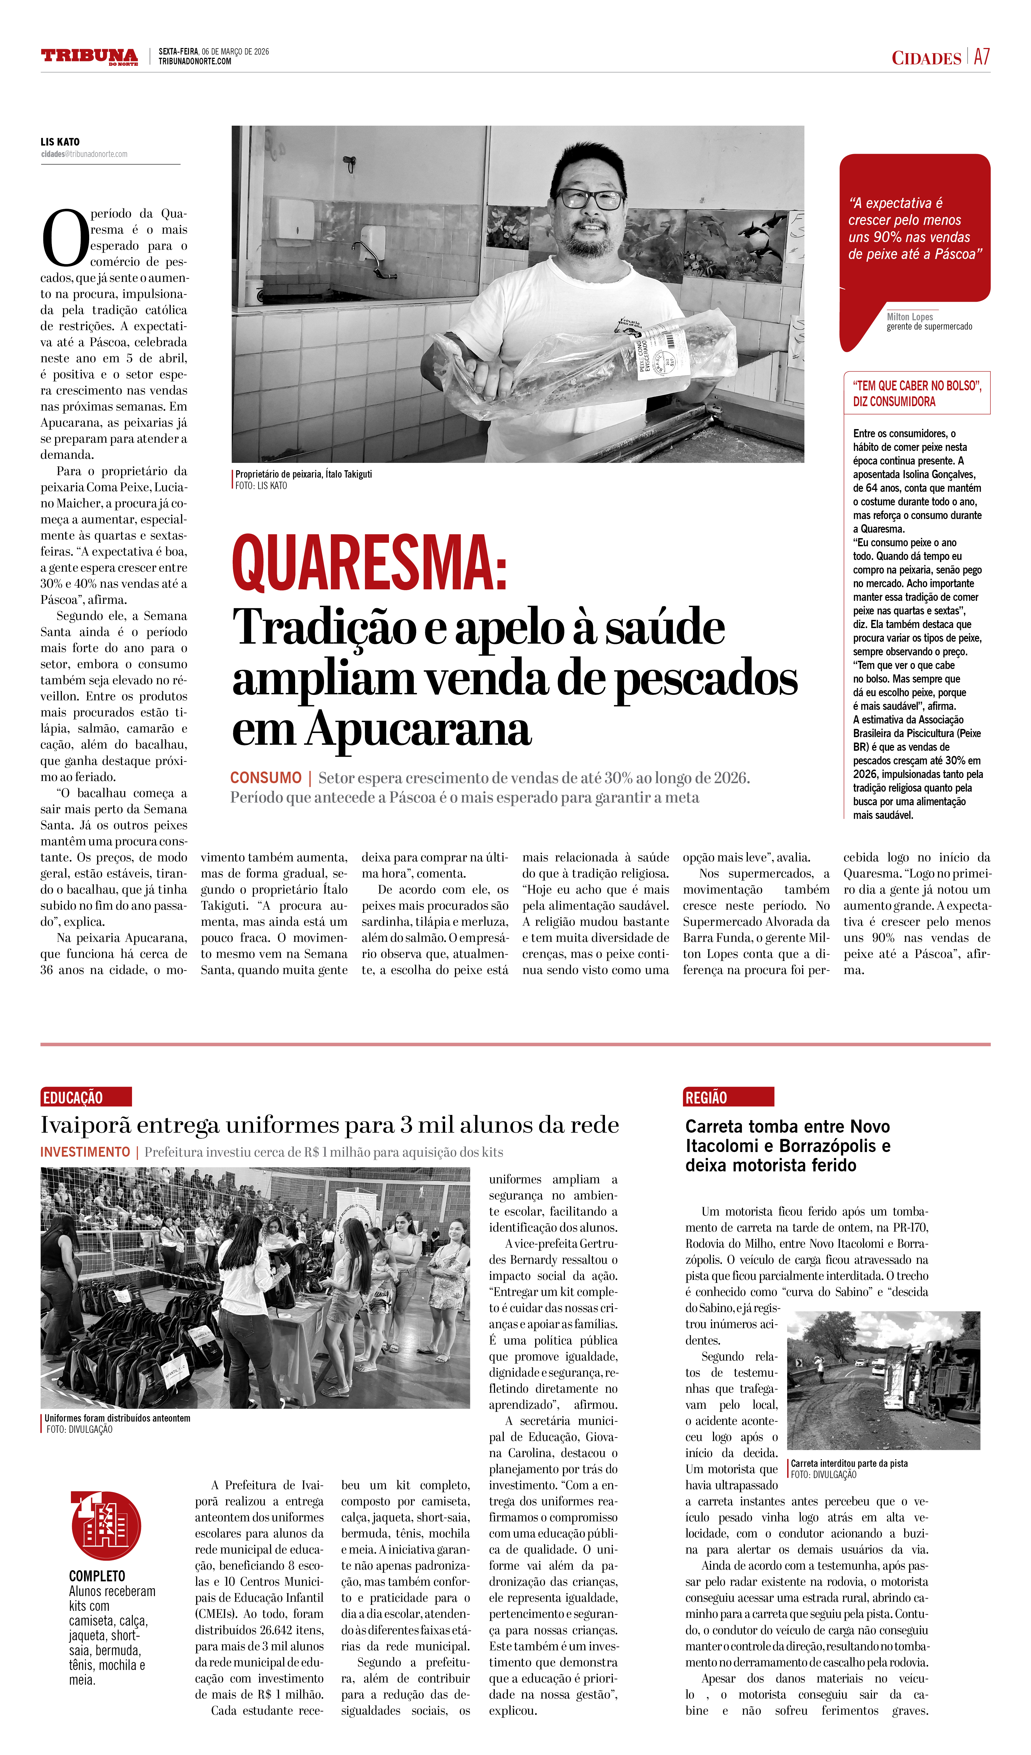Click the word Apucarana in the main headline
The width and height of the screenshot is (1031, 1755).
click(x=418, y=730)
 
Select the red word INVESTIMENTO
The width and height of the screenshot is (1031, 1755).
click(x=85, y=1153)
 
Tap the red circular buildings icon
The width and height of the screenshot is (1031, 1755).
click(x=106, y=1526)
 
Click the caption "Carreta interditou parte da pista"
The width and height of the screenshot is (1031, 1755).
click(x=849, y=1464)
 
